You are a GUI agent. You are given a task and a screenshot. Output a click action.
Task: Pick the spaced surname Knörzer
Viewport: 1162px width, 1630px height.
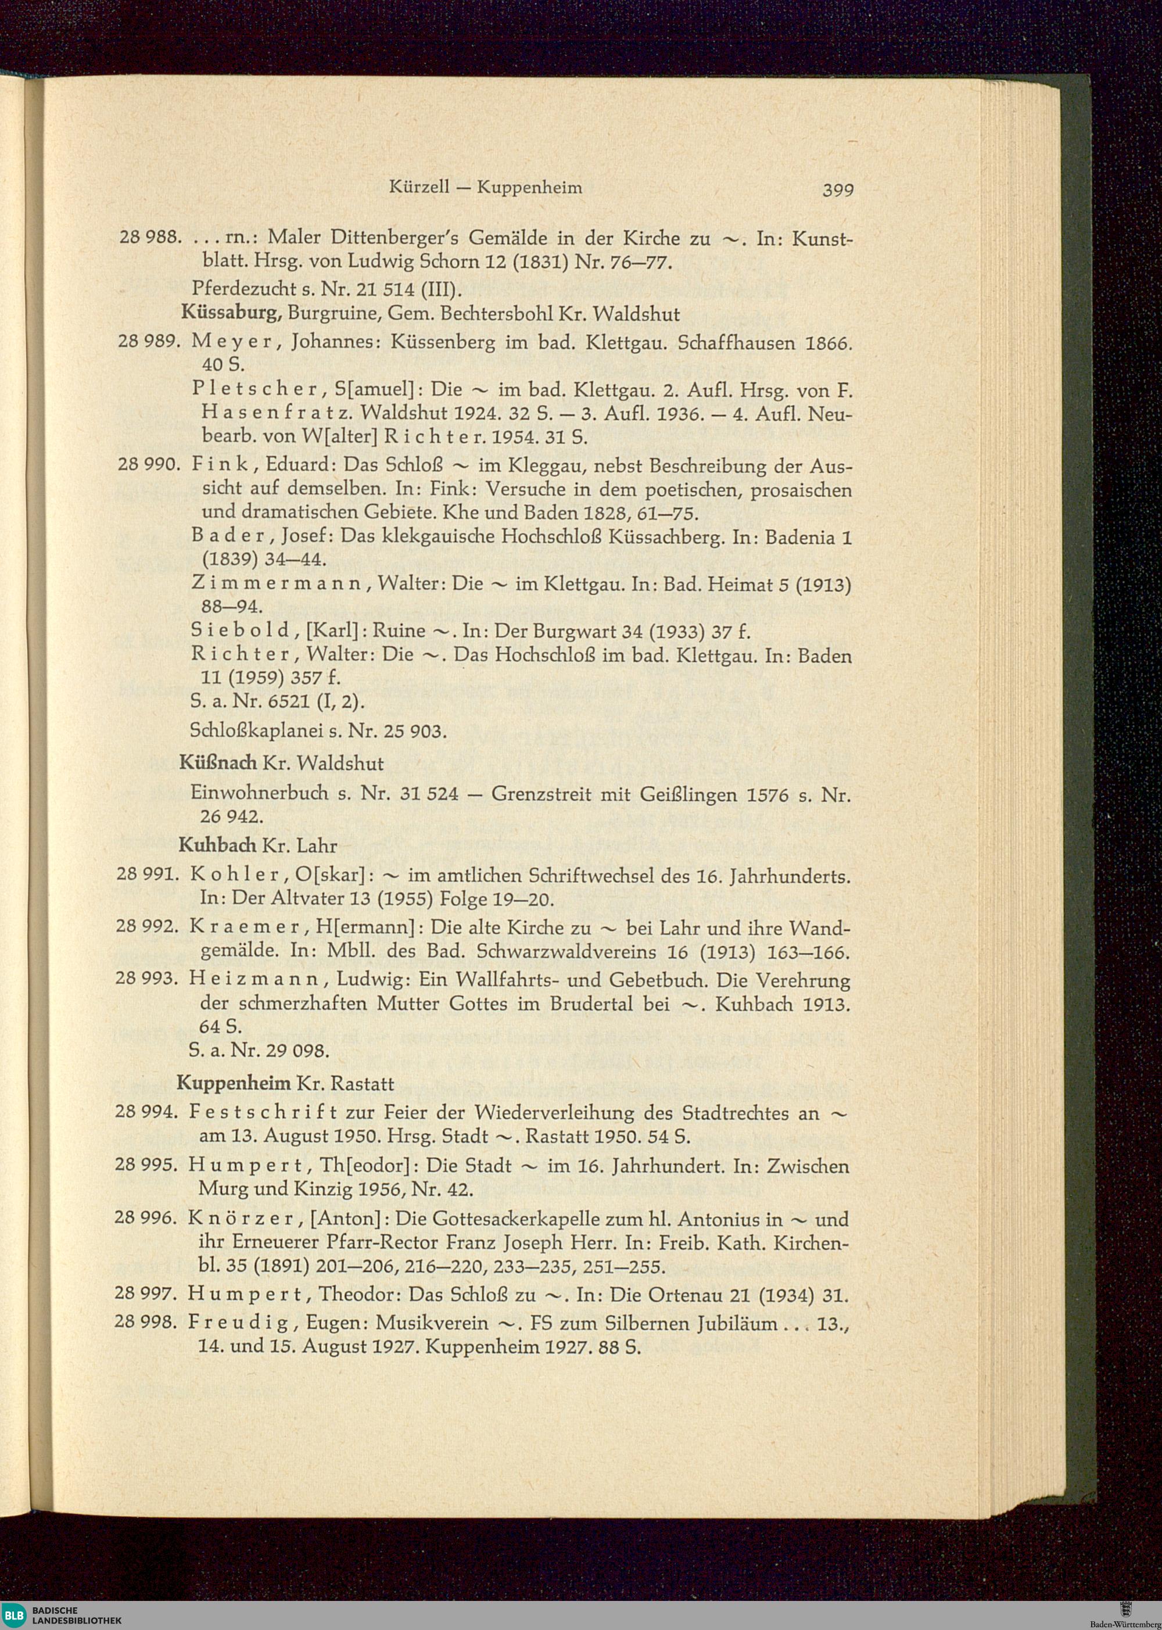pyautogui.click(x=240, y=1218)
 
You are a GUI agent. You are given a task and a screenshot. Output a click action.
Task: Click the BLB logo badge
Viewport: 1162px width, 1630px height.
pyautogui.click(x=15, y=1614)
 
